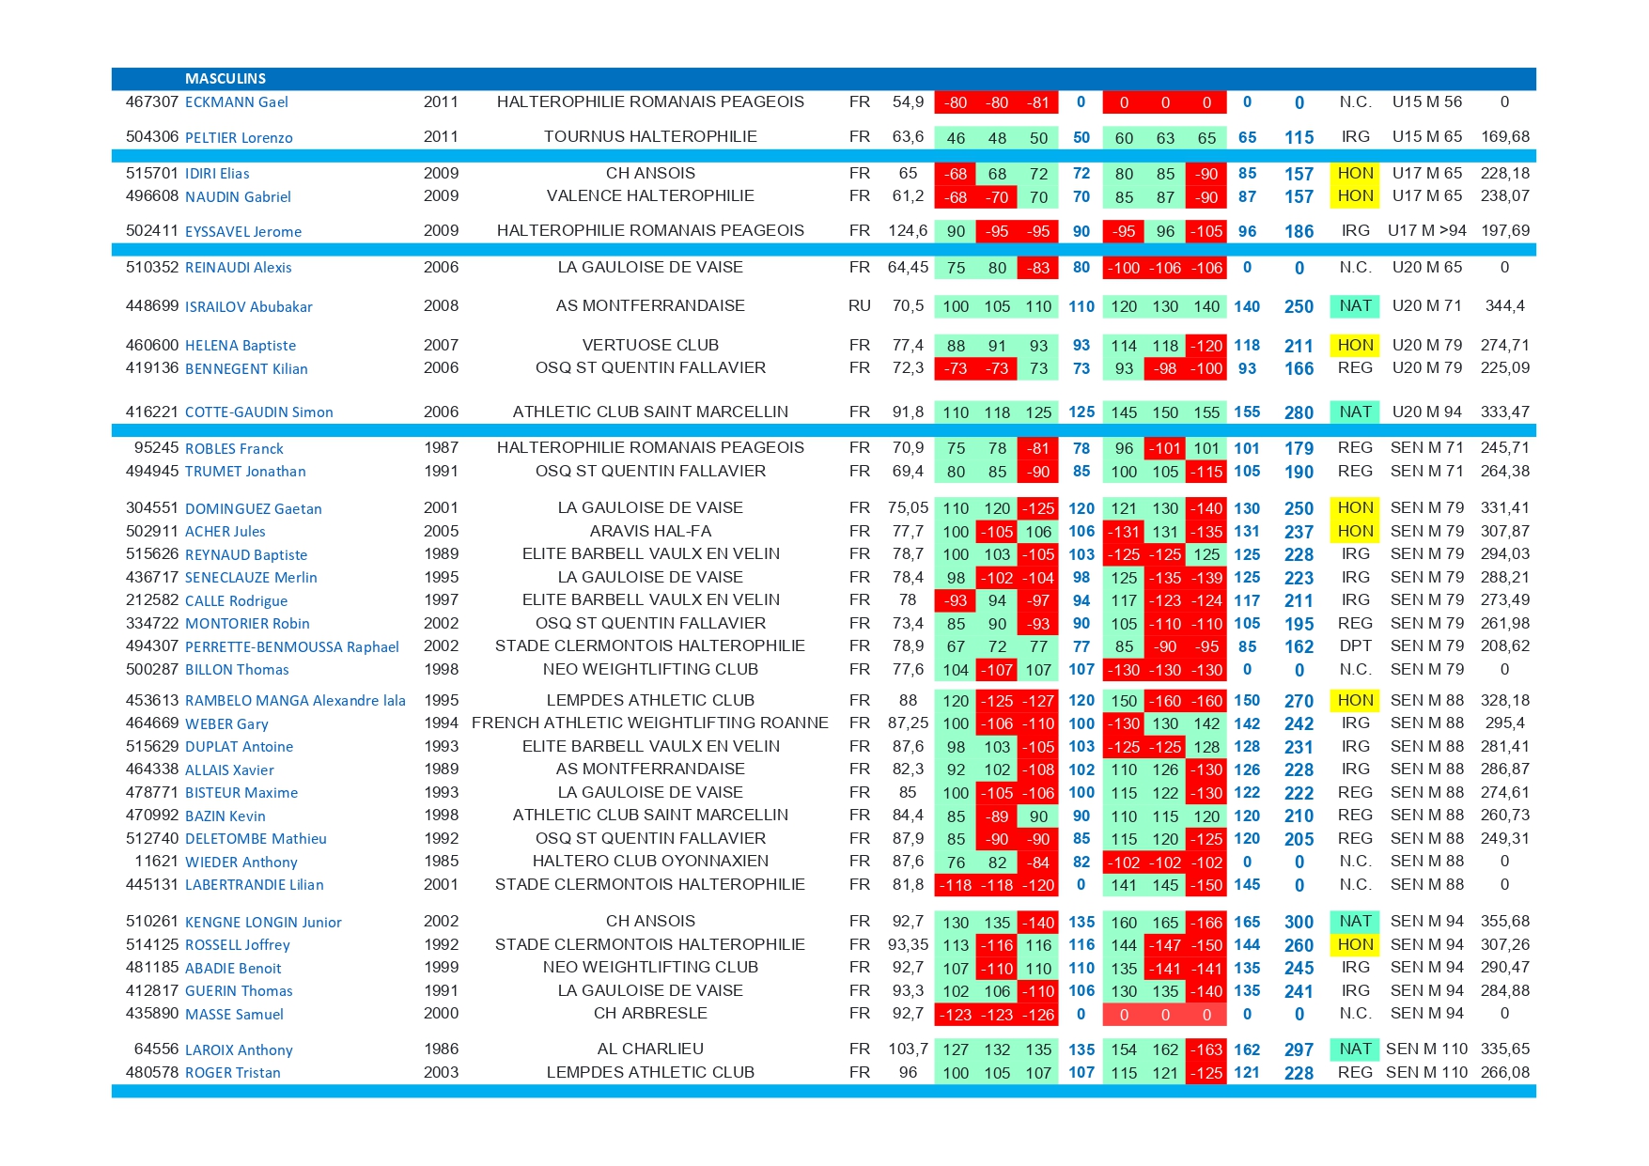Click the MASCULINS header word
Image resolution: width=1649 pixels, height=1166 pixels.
[x=225, y=79]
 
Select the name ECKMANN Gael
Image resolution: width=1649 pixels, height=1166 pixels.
[x=236, y=102]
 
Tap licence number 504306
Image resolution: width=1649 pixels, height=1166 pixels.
[x=152, y=137]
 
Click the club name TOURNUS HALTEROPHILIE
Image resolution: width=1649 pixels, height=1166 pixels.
[x=650, y=137]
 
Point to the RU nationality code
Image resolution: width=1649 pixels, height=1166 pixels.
[x=859, y=306]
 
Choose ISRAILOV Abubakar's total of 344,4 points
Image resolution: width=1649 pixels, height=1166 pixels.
[x=1504, y=306]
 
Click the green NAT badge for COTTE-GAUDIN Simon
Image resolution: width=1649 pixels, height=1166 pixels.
[x=1355, y=412]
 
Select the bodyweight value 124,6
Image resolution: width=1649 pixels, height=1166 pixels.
[x=908, y=231]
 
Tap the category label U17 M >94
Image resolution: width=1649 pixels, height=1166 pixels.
[x=1426, y=231]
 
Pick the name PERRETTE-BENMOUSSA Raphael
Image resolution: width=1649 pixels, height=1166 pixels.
[x=291, y=646]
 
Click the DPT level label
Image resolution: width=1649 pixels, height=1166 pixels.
[x=1355, y=646]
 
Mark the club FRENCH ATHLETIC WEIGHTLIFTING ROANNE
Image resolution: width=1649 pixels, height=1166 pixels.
[x=650, y=723]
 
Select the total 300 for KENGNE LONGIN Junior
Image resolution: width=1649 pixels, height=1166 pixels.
[x=1299, y=922]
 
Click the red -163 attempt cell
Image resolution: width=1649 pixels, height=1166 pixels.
[x=1206, y=1049]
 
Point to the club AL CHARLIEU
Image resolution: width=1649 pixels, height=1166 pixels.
[x=650, y=1049]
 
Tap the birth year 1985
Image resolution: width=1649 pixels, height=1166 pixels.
[x=441, y=862]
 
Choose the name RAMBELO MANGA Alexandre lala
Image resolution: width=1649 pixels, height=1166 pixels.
[x=295, y=701]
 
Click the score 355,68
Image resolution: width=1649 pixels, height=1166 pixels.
[x=1504, y=922]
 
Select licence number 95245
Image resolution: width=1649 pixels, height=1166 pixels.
[x=156, y=448]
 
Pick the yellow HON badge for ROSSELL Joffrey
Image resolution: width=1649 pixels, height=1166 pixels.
[x=1355, y=944]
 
